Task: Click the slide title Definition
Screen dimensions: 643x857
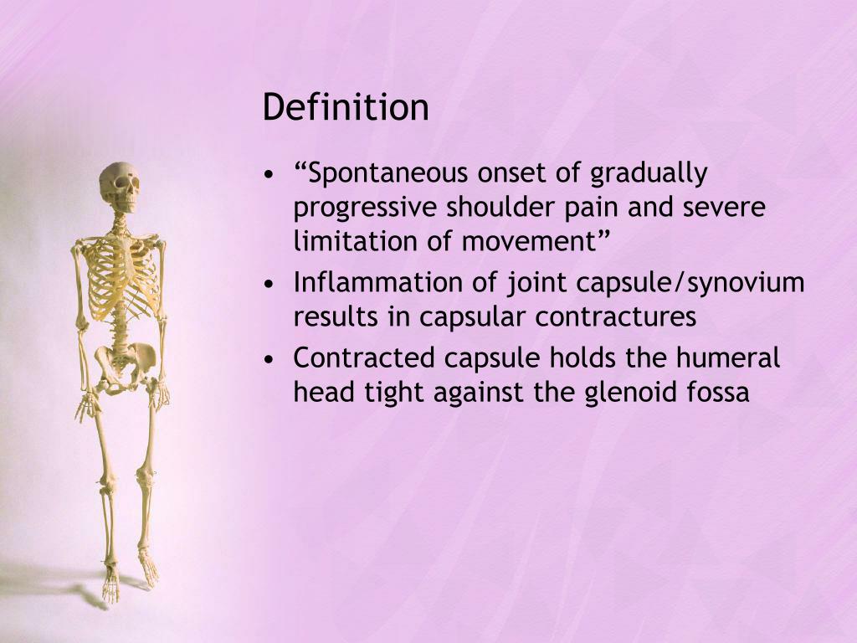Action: (x=346, y=108)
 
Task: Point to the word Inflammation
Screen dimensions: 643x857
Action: (x=373, y=284)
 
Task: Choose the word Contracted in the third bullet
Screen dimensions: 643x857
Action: (x=365, y=359)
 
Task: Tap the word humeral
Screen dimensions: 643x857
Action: (x=728, y=359)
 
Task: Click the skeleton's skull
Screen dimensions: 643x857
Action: (x=120, y=186)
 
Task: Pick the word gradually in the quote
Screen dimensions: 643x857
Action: (x=649, y=174)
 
